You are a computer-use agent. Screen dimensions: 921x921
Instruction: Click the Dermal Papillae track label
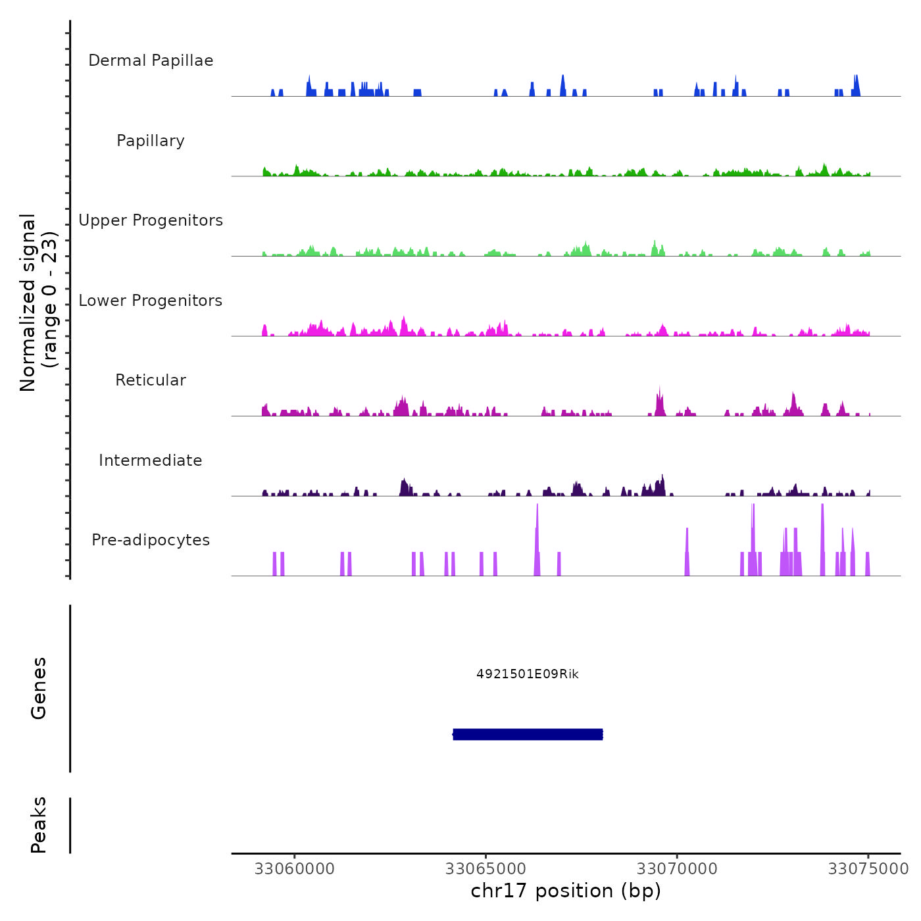pyautogui.click(x=151, y=61)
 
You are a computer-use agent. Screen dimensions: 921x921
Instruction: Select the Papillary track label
pyautogui.click(x=151, y=141)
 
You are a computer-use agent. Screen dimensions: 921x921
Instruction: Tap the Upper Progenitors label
pyautogui.click(x=151, y=220)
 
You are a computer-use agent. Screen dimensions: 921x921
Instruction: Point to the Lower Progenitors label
pyautogui.click(x=151, y=301)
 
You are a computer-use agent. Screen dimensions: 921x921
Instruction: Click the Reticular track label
pyautogui.click(x=151, y=380)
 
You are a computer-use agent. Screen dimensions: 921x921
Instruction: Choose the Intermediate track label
pyautogui.click(x=151, y=460)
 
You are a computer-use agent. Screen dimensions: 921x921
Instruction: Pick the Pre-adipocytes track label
pyautogui.click(x=151, y=540)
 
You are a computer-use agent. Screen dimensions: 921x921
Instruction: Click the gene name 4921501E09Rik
pyautogui.click(x=528, y=674)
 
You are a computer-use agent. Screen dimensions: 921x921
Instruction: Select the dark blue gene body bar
pyautogui.click(x=528, y=734)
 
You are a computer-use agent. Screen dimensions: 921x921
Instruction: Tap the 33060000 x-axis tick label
pyautogui.click(x=294, y=869)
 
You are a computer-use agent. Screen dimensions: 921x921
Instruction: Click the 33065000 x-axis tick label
pyautogui.click(x=485, y=869)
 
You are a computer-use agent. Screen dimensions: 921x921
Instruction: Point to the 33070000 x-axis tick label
pyautogui.click(x=677, y=869)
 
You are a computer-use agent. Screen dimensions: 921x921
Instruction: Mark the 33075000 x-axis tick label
pyautogui.click(x=868, y=869)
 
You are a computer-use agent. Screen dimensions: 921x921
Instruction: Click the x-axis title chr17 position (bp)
pyautogui.click(x=566, y=891)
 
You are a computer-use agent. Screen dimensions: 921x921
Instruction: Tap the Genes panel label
pyautogui.click(x=39, y=688)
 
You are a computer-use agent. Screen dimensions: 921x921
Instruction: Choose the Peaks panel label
pyautogui.click(x=39, y=825)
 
